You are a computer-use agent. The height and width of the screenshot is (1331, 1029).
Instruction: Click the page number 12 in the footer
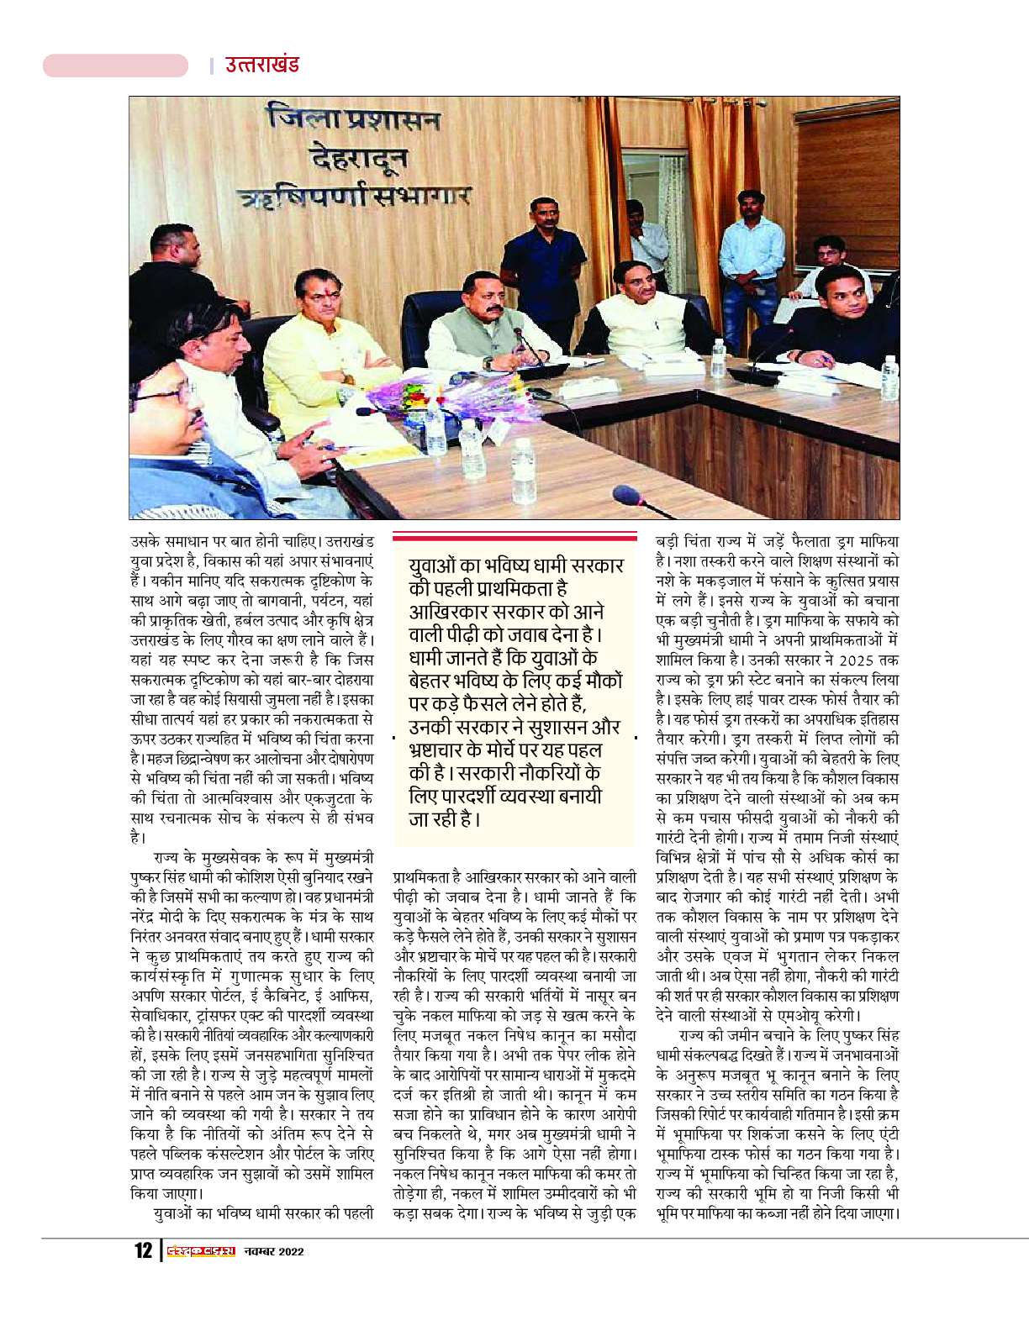[143, 1251]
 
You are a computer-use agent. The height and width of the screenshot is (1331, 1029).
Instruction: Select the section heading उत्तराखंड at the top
[261, 65]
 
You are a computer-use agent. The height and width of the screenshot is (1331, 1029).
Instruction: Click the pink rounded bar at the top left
[115, 65]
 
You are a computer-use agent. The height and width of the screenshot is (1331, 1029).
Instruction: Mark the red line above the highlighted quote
[514, 535]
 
